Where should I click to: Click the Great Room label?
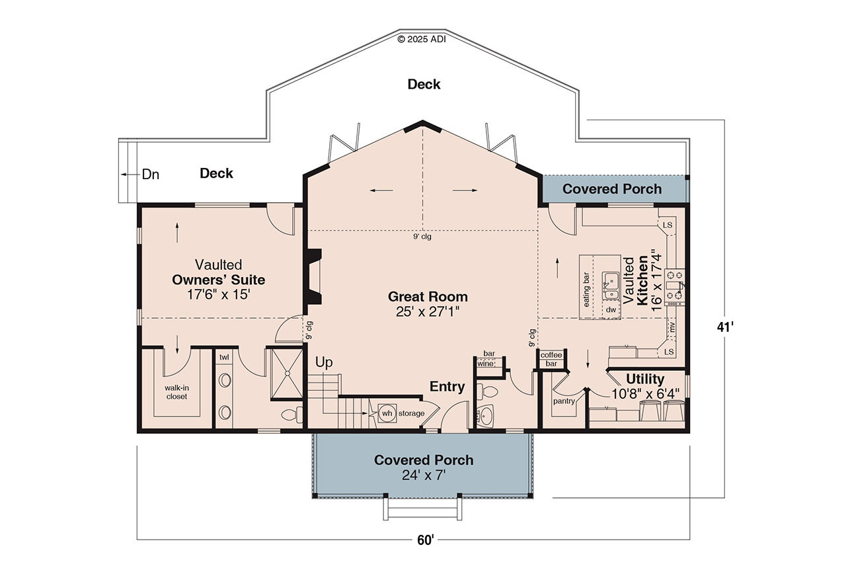[428, 297]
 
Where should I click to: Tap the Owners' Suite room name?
[218, 280]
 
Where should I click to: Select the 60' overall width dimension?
[425, 540]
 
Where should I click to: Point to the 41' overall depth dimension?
[725, 326]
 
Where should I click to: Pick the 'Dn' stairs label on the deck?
[151, 175]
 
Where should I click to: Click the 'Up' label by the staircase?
[324, 362]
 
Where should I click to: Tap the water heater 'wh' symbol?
[387, 413]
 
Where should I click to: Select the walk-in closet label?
[176, 392]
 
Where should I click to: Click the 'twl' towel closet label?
[224, 357]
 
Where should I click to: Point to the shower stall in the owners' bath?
[286, 374]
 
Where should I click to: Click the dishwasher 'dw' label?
[611, 309]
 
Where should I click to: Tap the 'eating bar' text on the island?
[586, 289]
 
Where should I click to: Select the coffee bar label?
[551, 359]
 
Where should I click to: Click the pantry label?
[563, 401]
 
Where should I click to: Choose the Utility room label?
[645, 379]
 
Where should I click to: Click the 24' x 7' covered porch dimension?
[424, 475]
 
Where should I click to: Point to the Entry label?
[447, 387]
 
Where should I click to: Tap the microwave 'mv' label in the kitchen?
[672, 326]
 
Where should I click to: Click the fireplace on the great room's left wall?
[313, 276]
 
